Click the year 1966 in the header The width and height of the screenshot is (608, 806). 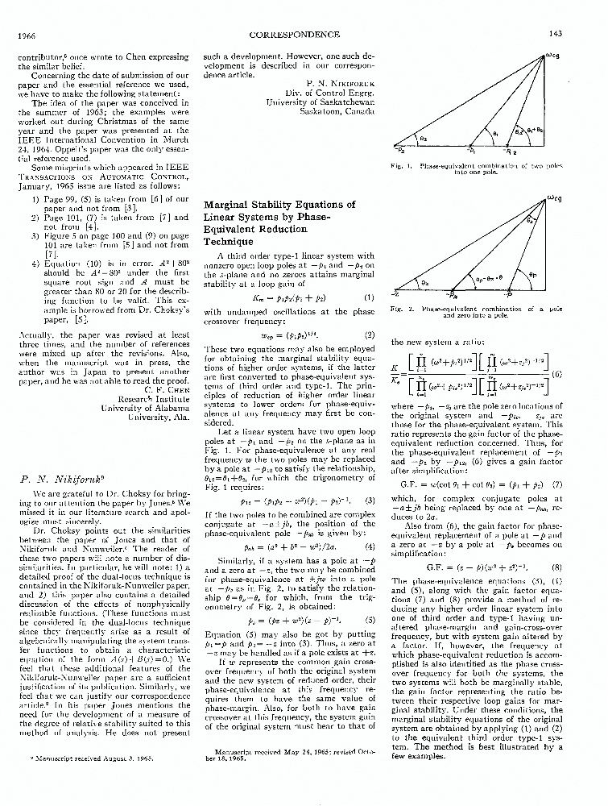tap(29, 35)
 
